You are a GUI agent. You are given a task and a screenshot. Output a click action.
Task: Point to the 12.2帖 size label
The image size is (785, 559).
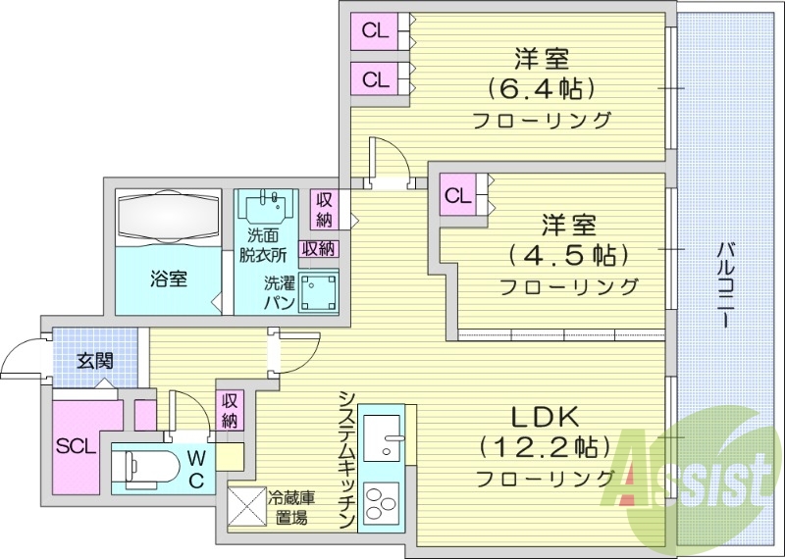[539, 447]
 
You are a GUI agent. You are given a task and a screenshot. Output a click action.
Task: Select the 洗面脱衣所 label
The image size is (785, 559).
[266, 244]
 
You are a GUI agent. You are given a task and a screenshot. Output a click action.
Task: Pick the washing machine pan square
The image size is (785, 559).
[320, 290]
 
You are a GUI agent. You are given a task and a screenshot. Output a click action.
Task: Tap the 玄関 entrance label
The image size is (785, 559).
[94, 360]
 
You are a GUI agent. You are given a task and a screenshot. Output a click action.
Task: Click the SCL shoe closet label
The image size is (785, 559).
[76, 446]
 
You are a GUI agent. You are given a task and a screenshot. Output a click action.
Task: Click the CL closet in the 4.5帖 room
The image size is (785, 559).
[457, 195]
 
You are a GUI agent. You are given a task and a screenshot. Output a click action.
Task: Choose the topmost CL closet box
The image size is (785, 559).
[376, 30]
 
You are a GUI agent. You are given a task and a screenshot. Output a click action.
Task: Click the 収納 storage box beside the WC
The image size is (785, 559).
[230, 409]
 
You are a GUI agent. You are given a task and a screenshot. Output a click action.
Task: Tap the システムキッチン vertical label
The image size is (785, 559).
[345, 459]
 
